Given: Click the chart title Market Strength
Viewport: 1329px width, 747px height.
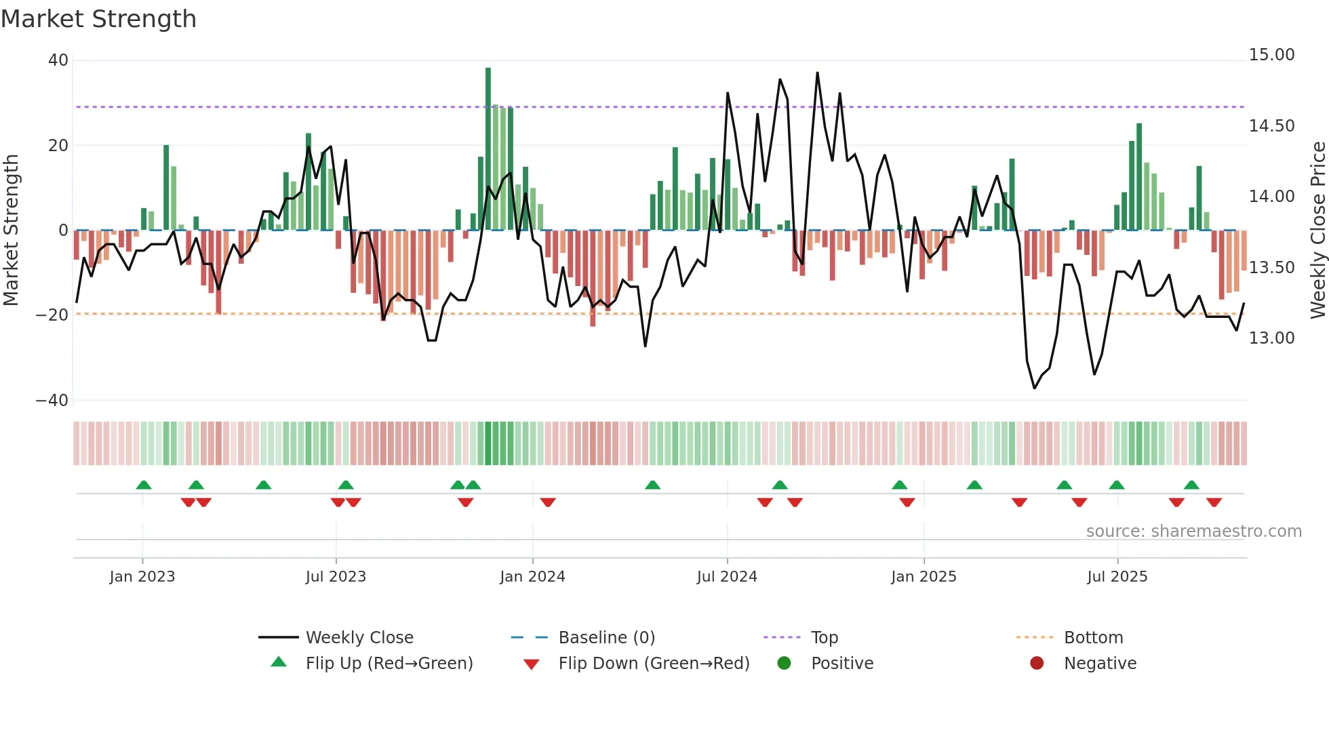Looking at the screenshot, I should click(98, 19).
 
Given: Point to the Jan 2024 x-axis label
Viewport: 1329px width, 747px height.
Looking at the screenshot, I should click(532, 576).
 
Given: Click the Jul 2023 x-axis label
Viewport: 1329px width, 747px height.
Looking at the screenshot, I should click(336, 576).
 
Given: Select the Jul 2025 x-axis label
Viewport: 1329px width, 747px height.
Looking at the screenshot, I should click(1117, 576).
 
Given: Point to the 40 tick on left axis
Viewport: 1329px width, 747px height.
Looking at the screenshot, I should click(58, 60).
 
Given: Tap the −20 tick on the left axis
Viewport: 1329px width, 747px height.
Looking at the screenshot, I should click(52, 315).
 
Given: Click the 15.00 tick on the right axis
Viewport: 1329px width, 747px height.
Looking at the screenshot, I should click(1271, 55).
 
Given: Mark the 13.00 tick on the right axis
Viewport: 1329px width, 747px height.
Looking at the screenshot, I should click(1271, 338).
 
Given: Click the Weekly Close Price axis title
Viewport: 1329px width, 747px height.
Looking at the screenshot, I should click(1317, 230).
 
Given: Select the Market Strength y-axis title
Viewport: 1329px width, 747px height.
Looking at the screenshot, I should click(12, 230).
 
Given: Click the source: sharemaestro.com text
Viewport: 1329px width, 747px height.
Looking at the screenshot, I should click(1193, 531).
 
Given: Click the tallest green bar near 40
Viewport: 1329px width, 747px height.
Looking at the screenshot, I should click(488, 149).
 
